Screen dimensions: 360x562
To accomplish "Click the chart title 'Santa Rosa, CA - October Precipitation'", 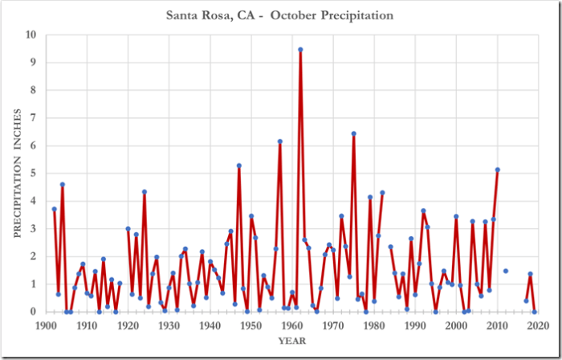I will pyautogui.click(x=280, y=14).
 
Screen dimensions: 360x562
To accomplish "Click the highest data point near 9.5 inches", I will pyautogui.click(x=300, y=49).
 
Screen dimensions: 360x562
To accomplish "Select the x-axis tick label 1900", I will pyautogui.click(x=45, y=325).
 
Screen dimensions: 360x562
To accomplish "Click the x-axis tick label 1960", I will pyautogui.click(x=291, y=325).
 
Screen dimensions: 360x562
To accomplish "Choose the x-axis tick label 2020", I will pyautogui.click(x=538, y=325).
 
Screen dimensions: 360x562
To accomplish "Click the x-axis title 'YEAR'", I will pyautogui.click(x=291, y=341).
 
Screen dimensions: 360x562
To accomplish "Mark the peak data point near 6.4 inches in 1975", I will pyautogui.click(x=353, y=133).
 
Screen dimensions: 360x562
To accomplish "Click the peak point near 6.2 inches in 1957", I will pyautogui.click(x=279, y=141).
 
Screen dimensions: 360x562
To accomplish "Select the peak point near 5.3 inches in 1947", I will pyautogui.click(x=238, y=166).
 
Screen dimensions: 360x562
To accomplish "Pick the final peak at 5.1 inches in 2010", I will pyautogui.click(x=497, y=170).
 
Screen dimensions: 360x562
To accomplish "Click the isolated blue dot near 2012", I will pyautogui.click(x=505, y=271).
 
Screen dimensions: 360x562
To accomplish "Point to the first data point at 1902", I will pyautogui.click(x=54, y=209).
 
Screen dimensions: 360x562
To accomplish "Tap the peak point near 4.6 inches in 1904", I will pyautogui.click(x=62, y=184).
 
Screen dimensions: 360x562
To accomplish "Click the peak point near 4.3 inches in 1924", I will pyautogui.click(x=144, y=191).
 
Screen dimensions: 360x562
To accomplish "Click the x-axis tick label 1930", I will pyautogui.click(x=169, y=325).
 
